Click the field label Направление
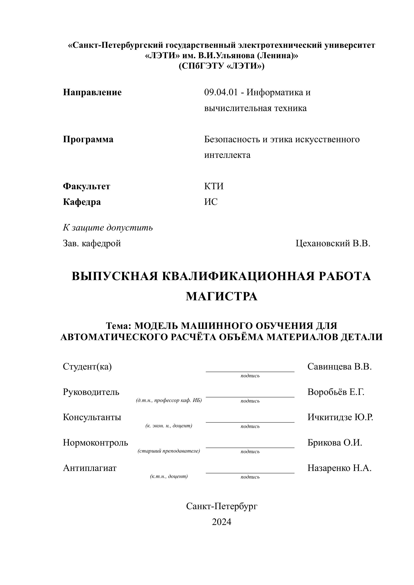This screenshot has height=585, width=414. (92, 92)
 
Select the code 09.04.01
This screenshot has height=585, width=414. (221, 92)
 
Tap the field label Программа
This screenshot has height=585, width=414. (88, 139)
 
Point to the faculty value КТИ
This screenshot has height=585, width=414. (214, 186)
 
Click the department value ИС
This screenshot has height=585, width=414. (211, 202)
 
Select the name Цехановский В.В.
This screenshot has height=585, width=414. (333, 243)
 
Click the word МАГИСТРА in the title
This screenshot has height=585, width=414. (221, 296)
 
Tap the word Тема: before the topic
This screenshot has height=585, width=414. (118, 326)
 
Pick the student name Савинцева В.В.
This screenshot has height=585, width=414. (339, 367)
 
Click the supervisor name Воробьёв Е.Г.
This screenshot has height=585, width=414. (336, 392)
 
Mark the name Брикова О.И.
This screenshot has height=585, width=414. (335, 443)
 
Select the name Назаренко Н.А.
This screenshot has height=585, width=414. (339, 468)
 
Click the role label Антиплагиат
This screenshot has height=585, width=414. (89, 468)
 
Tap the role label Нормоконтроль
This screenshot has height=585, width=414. (95, 443)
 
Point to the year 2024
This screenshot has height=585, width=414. (221, 522)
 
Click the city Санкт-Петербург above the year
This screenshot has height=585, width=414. (222, 506)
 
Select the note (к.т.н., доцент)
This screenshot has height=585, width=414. (169, 476)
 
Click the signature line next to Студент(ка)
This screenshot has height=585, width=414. (250, 371)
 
